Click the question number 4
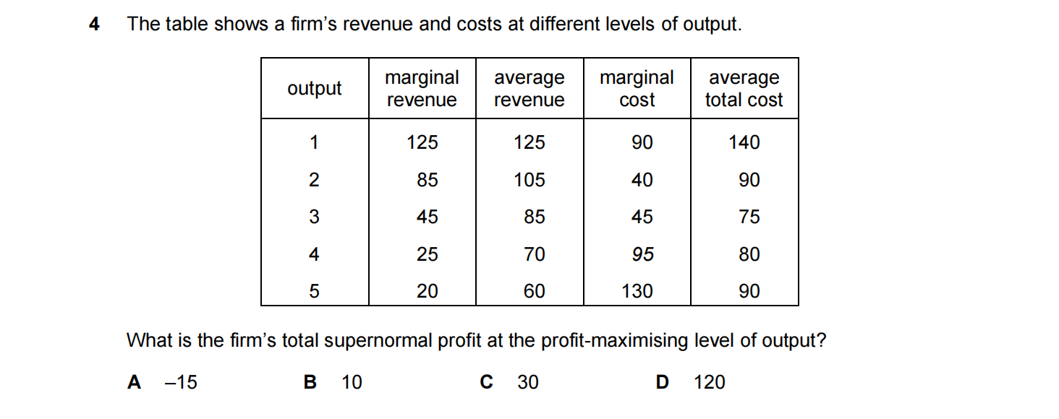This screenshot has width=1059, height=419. pos(94,24)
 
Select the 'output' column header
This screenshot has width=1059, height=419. pos(314,88)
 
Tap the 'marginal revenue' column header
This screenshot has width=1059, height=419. pos(422,88)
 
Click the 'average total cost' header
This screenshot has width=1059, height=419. pos(744,88)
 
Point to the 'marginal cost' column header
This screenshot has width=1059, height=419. pos(637,88)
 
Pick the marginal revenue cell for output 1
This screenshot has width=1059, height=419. pos(422,142)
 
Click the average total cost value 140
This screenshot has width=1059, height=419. pos(744,142)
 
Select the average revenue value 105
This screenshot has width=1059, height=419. pos(529,180)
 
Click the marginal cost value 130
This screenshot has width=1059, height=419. pos(637,291)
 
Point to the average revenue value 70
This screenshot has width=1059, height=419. pos(534,254)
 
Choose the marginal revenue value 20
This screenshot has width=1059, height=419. pos(427,291)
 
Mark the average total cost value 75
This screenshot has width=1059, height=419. pos(749,217)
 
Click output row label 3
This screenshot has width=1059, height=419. pos(314,217)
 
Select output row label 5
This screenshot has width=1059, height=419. pos(314,291)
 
